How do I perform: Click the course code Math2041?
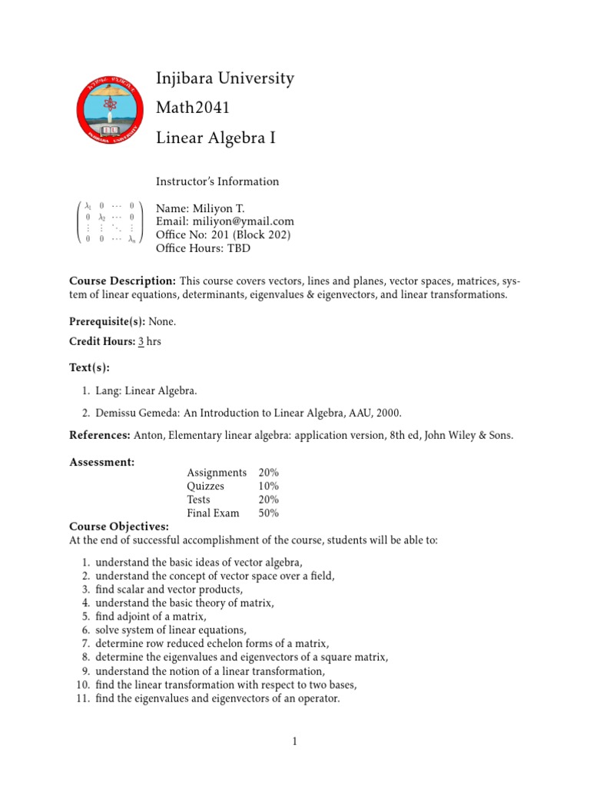tap(193, 108)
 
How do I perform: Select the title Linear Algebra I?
tap(215, 138)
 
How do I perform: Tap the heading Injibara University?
tap(225, 78)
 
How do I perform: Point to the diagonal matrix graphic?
tap(111, 222)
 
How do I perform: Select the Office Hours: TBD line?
tap(203, 248)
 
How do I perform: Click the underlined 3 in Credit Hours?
tap(141, 342)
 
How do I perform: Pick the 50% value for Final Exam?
tap(269, 513)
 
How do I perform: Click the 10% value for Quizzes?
tap(269, 486)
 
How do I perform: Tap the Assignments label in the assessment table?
tap(217, 473)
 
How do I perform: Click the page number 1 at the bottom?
tap(294, 742)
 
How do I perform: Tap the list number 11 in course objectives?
tap(85, 699)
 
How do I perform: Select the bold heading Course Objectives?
tap(119, 526)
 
